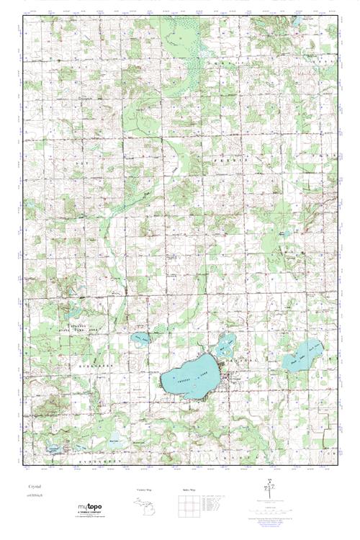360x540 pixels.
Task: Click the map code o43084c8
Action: [35, 497]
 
